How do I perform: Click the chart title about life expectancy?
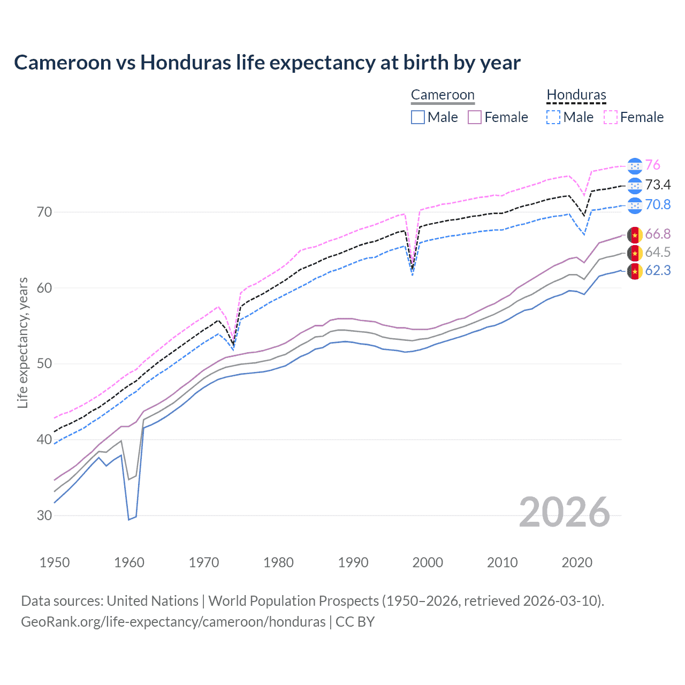267,63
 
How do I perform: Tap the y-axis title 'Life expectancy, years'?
22,342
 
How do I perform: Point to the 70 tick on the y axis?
44,212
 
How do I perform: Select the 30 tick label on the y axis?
44,515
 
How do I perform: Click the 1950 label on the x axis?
55,562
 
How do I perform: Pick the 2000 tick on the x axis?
428,562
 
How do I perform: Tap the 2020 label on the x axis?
577,562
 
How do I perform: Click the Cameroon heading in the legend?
443,95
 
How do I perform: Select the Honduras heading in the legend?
576,95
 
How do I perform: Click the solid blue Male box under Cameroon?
418,117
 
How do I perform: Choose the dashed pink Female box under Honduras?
611,117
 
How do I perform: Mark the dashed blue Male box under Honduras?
553,117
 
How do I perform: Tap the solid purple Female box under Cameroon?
475,117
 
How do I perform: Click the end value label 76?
652,165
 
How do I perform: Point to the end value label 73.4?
658,185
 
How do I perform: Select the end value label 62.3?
658,271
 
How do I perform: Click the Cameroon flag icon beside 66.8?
635,234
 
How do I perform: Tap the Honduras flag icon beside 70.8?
635,205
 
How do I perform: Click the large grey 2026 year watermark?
565,512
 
